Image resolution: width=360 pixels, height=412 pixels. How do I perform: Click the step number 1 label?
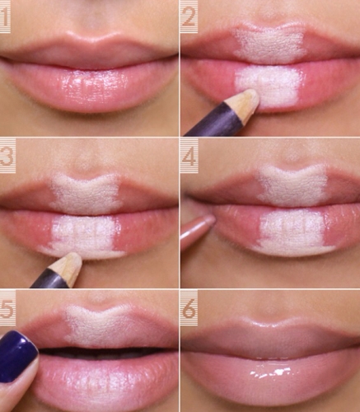point(5,16)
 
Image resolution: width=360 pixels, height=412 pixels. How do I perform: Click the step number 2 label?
point(189,17)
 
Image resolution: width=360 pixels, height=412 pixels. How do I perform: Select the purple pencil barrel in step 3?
point(50,279)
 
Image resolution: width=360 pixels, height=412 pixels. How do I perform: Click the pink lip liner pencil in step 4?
point(197,229)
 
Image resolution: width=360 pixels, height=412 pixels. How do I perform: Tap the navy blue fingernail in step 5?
point(17,356)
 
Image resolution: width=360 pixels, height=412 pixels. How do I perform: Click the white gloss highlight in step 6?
point(272,372)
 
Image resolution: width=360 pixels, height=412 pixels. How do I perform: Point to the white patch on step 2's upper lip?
point(270,44)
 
